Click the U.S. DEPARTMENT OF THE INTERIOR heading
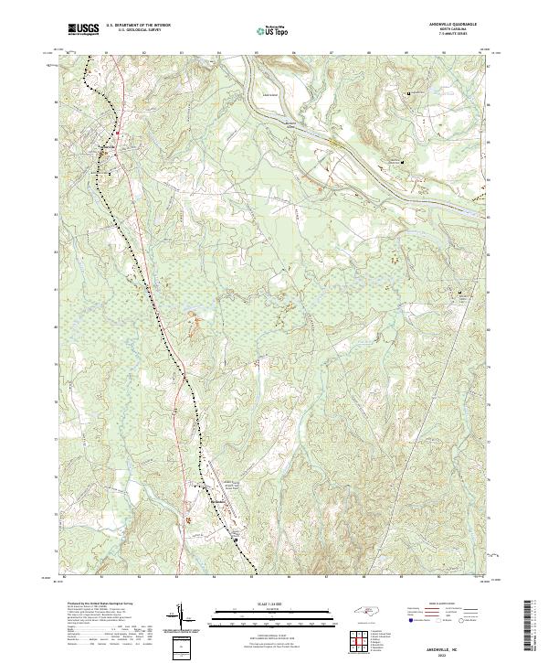pos(138,26)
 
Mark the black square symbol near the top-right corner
pos(409,93)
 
